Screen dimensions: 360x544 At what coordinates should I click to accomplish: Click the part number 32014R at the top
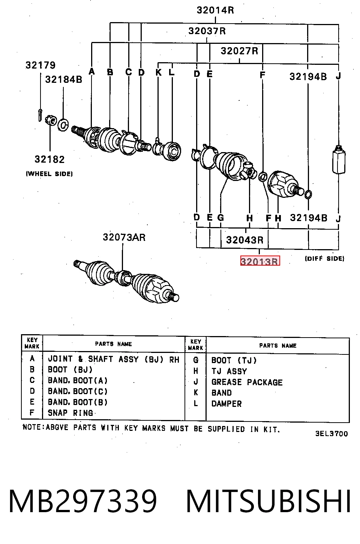[x=215, y=10]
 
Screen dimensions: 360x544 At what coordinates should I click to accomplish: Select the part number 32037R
[x=207, y=31]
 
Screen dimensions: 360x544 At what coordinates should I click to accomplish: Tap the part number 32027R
[x=239, y=51]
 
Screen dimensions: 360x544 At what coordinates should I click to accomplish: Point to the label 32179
[x=40, y=65]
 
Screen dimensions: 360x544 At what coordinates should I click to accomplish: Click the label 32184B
[x=64, y=79]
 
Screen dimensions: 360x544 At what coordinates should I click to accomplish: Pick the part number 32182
[x=50, y=159]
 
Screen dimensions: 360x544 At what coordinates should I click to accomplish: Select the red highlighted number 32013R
[x=260, y=261]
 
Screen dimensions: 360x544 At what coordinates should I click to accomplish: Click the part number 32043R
[x=245, y=240]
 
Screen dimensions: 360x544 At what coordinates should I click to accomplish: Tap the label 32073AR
[x=124, y=237]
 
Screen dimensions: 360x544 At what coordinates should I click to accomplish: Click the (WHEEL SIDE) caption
[x=49, y=174]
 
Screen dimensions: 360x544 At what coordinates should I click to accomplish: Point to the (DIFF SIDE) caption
[x=324, y=259]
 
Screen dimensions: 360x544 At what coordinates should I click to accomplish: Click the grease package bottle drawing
[x=339, y=160]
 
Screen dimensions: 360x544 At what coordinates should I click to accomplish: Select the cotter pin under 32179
[x=40, y=115]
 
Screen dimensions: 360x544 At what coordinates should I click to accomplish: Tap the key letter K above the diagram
[x=159, y=72]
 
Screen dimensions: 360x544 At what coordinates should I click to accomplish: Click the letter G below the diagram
[x=220, y=217]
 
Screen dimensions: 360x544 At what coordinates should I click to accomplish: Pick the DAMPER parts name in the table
[x=226, y=404]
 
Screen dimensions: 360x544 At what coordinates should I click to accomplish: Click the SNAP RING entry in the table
[x=70, y=413]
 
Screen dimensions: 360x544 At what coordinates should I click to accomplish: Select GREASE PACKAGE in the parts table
[x=247, y=382]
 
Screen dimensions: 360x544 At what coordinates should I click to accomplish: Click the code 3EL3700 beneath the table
[x=331, y=434]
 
